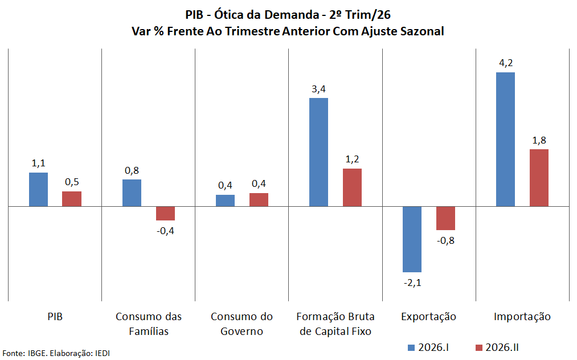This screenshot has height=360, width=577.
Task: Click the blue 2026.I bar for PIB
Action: [x=38, y=190]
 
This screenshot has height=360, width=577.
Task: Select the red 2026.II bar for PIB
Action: [x=72, y=199]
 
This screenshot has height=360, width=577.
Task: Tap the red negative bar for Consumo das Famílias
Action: [x=165, y=214]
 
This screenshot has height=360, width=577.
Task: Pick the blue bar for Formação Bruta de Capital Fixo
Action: [x=318, y=153]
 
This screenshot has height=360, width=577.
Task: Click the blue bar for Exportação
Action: [x=412, y=239]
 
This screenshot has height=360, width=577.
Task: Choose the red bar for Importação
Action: [x=539, y=178]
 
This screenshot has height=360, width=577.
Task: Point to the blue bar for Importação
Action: [x=506, y=140]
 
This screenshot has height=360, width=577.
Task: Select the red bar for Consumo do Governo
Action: [x=259, y=200]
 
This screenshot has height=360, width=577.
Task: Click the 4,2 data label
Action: [x=506, y=63]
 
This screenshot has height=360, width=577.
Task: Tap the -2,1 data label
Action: [x=412, y=283]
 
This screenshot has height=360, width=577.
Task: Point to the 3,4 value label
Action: [x=318, y=89]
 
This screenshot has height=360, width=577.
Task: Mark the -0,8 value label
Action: [x=445, y=240]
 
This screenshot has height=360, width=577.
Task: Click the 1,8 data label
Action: [x=539, y=140]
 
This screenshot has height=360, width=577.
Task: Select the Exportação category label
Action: [x=429, y=317]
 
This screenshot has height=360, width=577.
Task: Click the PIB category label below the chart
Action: [x=55, y=317]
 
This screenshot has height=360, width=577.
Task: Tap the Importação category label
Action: [x=522, y=317]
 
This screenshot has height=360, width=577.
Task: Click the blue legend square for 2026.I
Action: [x=411, y=348]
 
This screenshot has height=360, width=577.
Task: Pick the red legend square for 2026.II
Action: [x=479, y=348]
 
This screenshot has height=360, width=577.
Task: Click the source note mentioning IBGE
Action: [x=56, y=353]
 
